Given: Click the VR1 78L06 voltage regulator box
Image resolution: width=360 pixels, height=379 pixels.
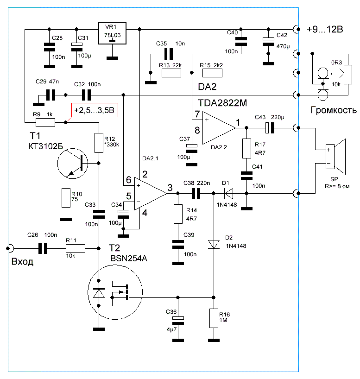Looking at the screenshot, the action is (x=112, y=33).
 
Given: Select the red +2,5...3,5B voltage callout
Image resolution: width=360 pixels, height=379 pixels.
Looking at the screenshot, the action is (x=95, y=110).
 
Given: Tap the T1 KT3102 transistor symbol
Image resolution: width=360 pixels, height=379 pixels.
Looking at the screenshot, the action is (x=73, y=164).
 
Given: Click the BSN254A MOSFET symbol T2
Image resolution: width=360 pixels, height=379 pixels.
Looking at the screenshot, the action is (x=115, y=292).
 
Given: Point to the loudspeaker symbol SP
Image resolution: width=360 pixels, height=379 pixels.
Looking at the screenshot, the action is (x=335, y=157).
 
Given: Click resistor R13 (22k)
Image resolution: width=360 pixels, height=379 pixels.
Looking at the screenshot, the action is (x=171, y=73).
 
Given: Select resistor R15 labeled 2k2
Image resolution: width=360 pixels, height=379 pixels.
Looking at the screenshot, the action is (x=212, y=73).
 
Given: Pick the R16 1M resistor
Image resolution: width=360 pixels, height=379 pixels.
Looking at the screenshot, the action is (x=214, y=318).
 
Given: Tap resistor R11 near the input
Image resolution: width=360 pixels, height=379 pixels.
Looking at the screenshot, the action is (x=76, y=248).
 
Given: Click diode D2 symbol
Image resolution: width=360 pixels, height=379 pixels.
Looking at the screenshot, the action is (x=214, y=244).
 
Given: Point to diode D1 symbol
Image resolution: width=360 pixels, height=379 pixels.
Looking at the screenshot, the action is (x=228, y=193).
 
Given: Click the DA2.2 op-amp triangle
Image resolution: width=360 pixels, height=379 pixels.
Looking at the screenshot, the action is (x=219, y=128).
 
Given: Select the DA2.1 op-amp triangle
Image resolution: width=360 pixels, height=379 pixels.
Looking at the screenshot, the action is (x=151, y=194).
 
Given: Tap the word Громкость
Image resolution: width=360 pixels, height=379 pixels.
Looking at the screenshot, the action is (x=334, y=110).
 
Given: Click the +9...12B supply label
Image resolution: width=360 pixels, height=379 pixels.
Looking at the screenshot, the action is (x=325, y=29).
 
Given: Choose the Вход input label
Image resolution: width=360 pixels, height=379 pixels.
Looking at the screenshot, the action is (x=22, y=261).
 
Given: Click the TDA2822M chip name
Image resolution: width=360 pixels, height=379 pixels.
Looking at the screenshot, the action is (x=222, y=103).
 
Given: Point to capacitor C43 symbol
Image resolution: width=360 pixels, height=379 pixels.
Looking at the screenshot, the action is (x=270, y=128).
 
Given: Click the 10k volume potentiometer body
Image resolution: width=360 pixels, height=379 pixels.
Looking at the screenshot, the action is (x=348, y=75).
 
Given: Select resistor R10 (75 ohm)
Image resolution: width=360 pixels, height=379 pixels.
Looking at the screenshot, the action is (x=66, y=198).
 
